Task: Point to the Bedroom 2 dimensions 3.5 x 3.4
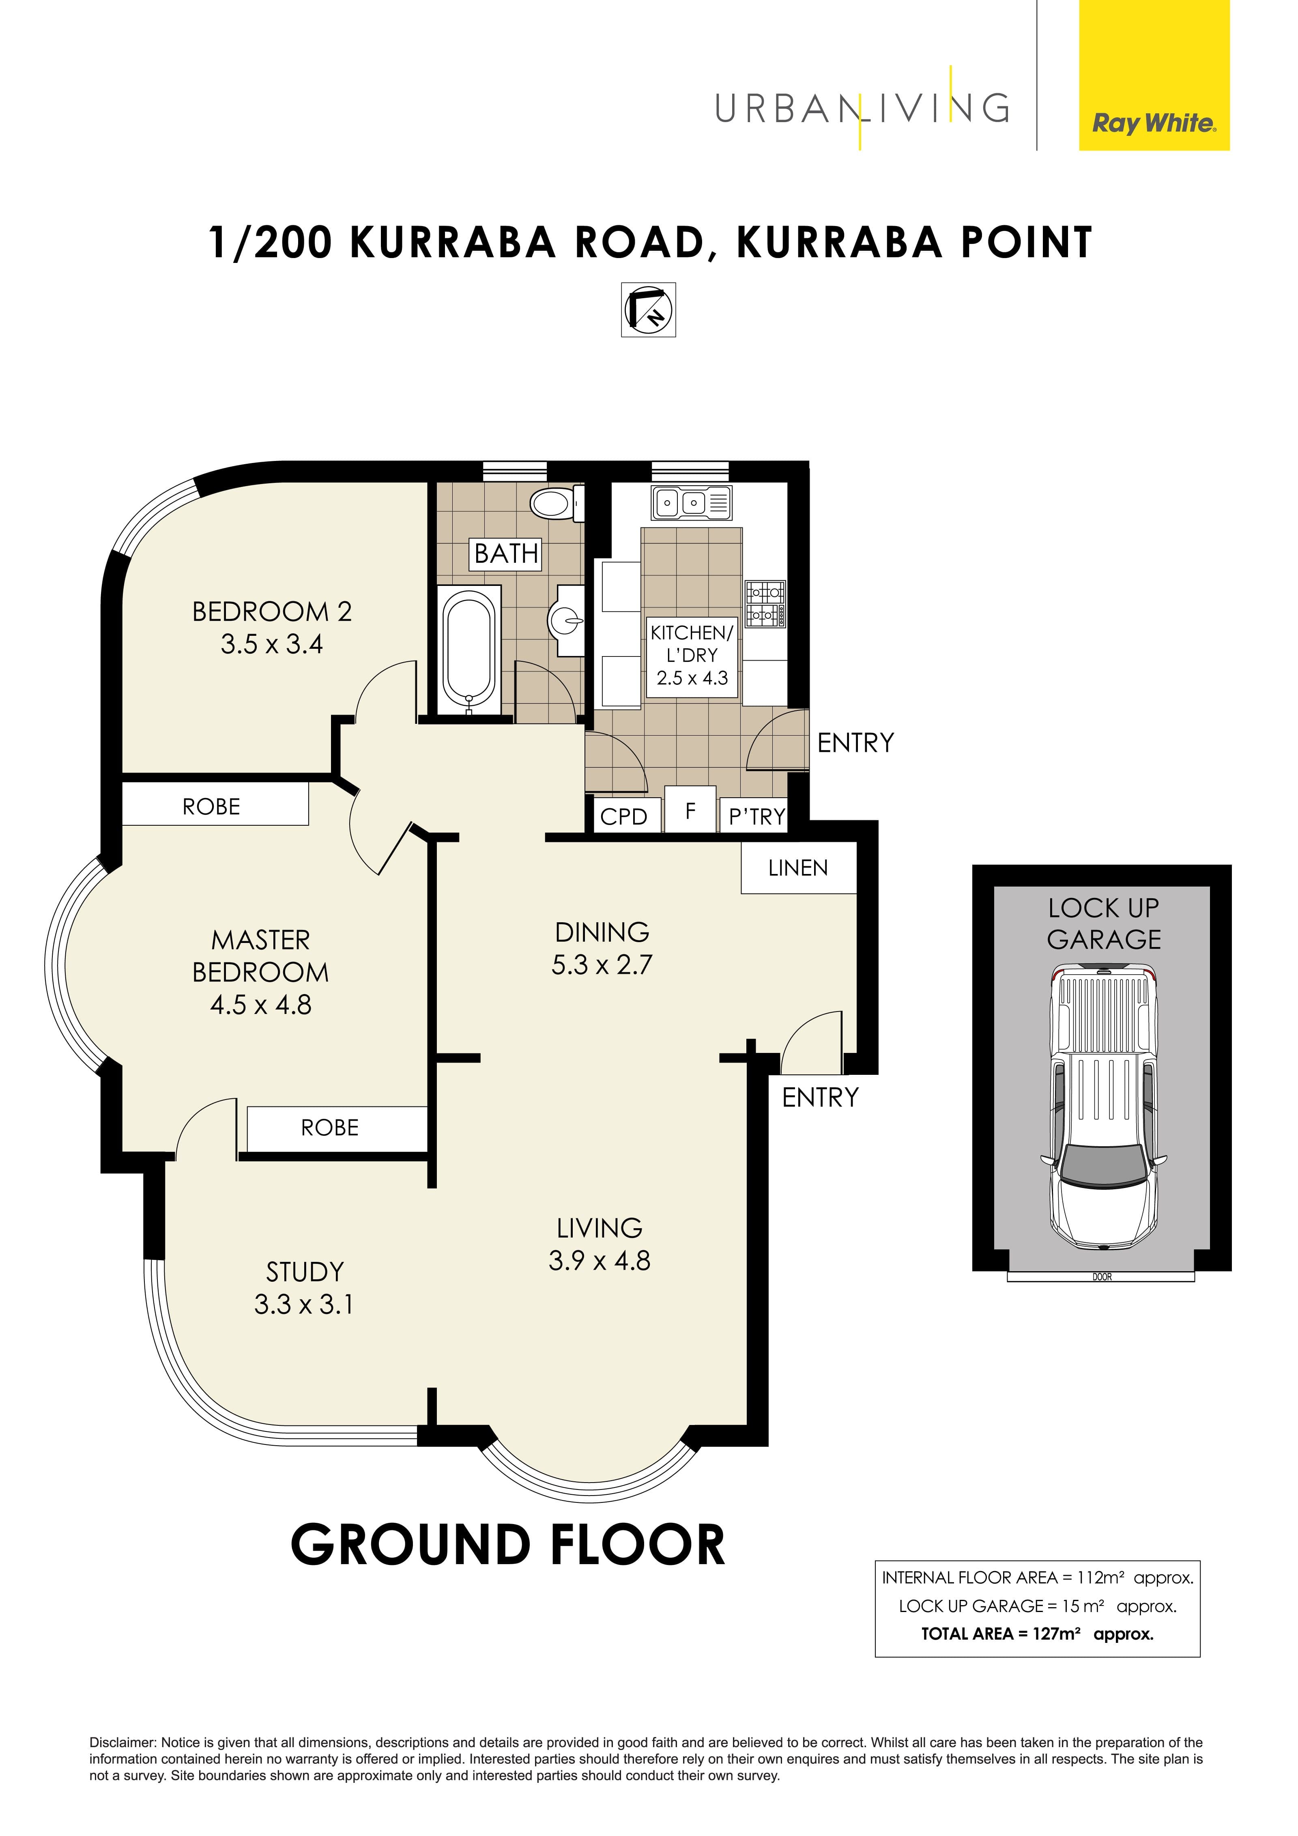tap(272, 644)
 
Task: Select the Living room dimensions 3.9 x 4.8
tap(600, 1261)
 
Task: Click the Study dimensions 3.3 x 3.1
tap(304, 1305)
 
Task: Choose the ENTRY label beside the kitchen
tap(855, 743)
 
